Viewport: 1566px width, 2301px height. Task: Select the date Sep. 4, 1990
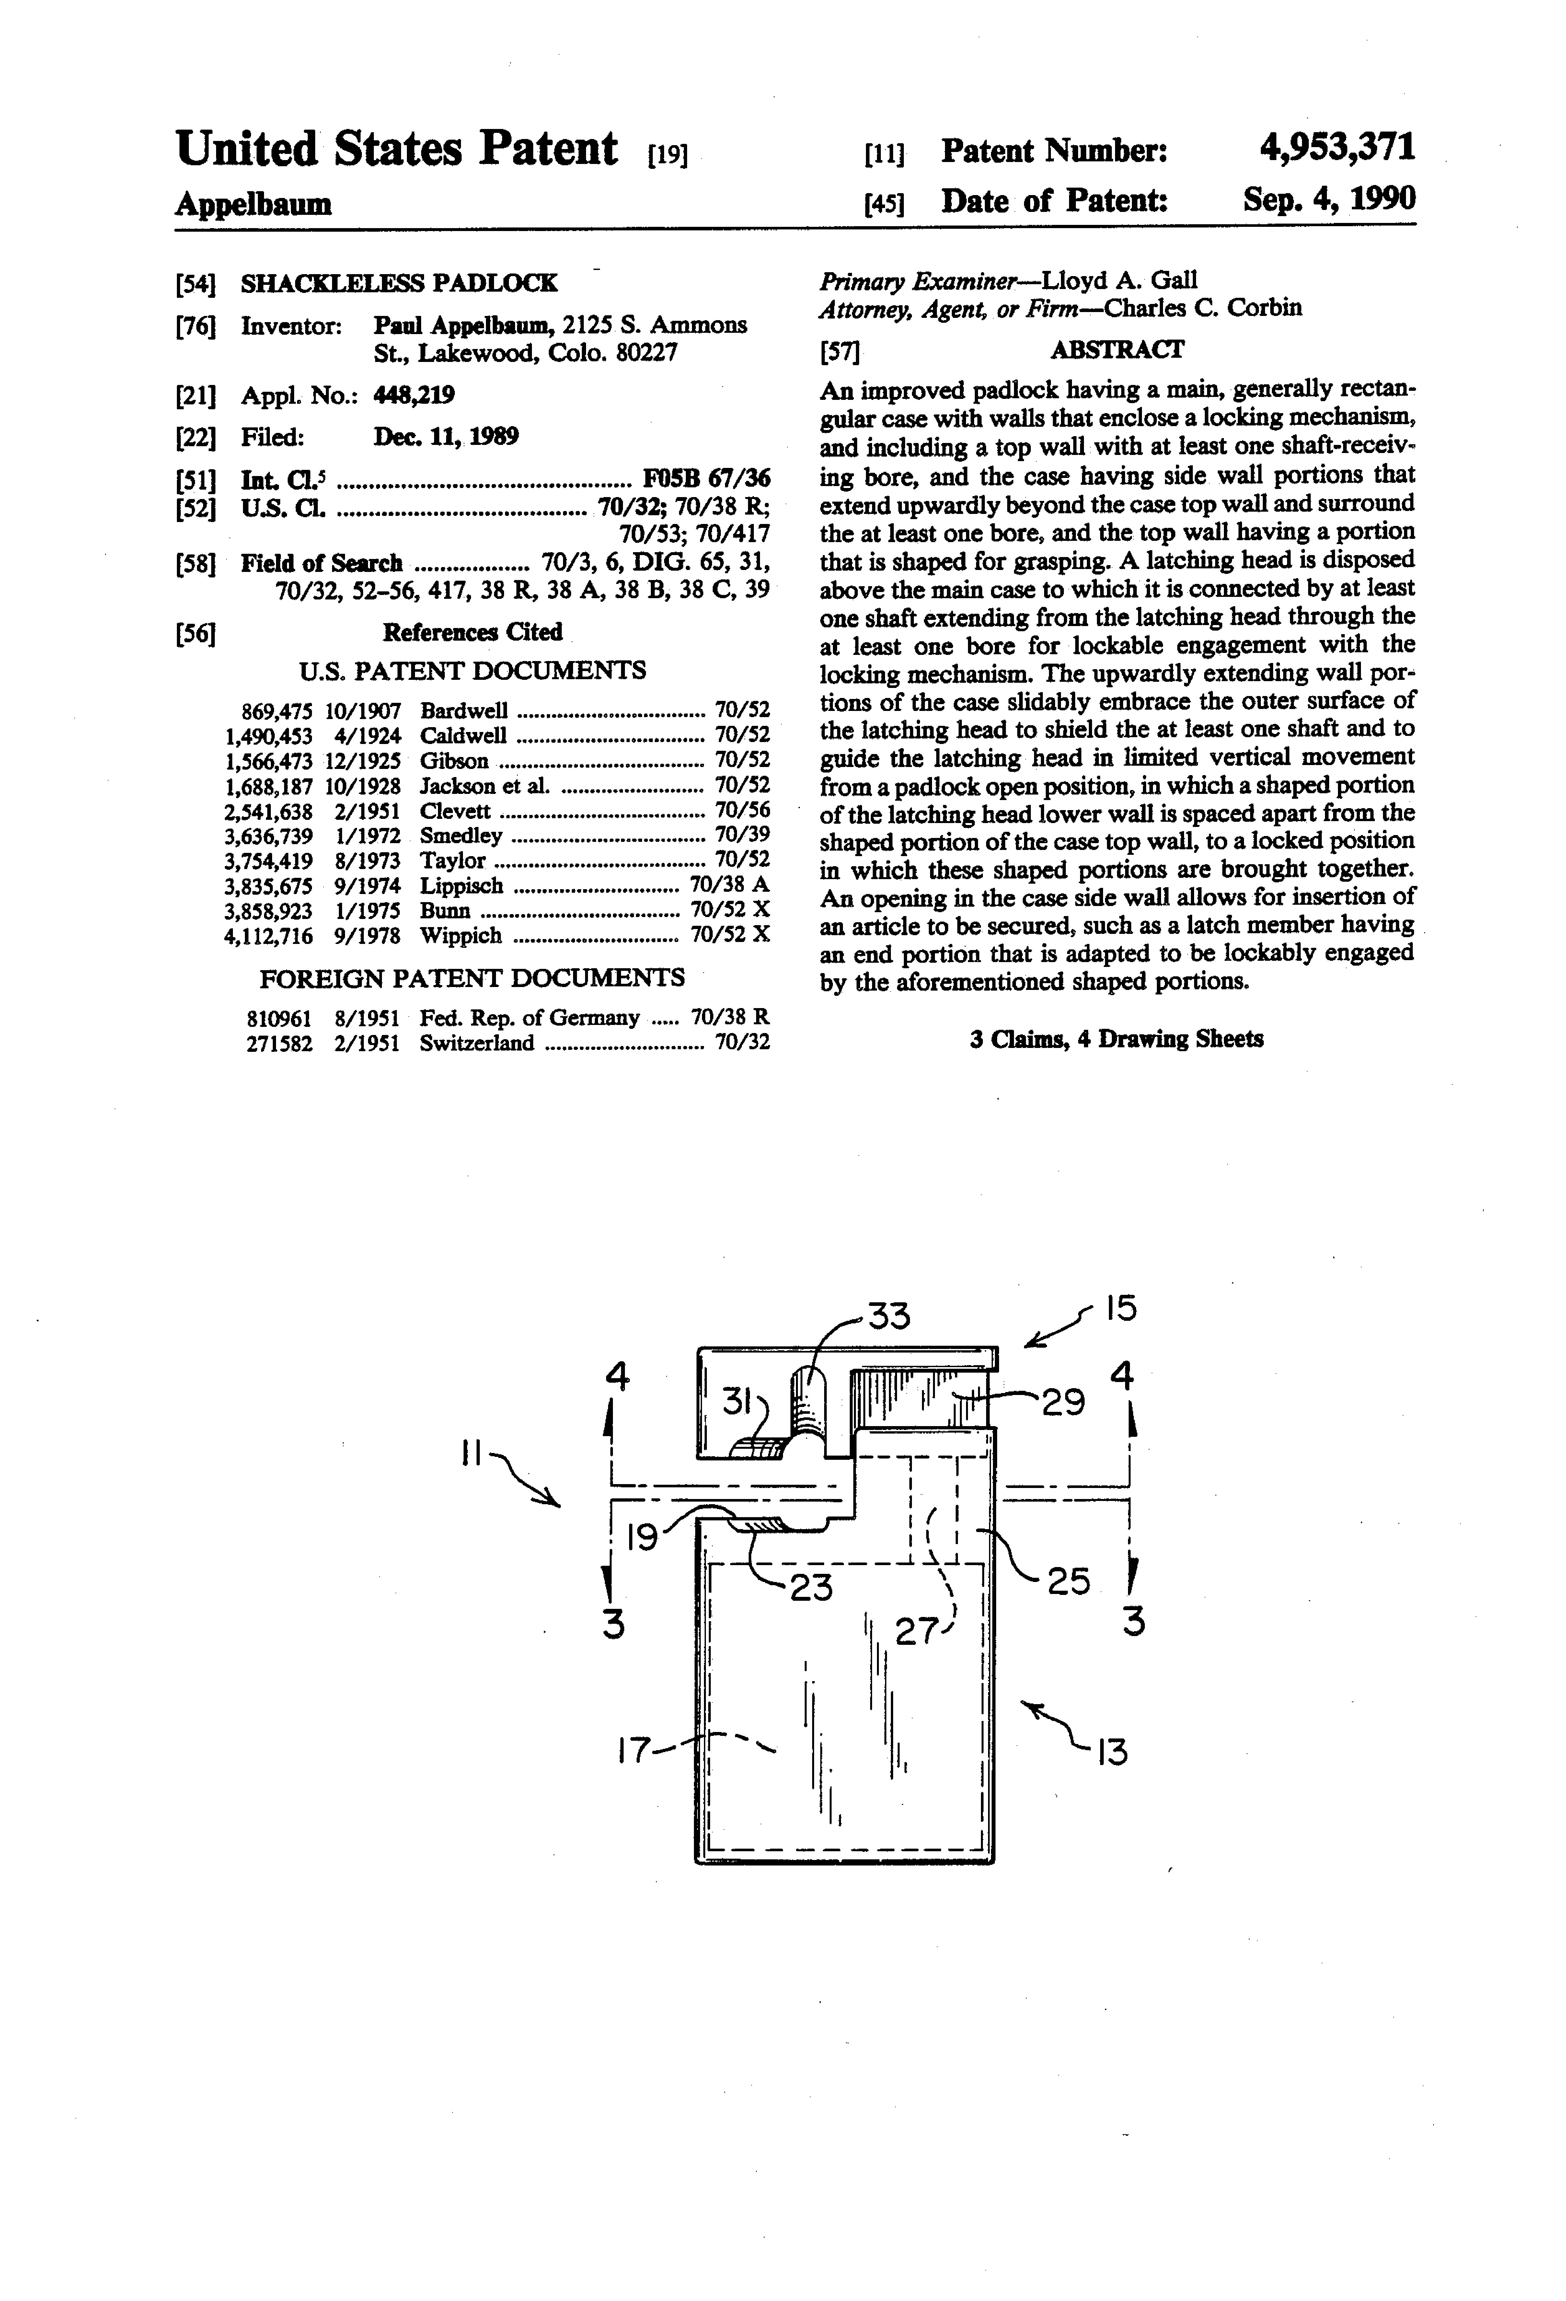1329,200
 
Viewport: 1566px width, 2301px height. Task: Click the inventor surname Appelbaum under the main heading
253,205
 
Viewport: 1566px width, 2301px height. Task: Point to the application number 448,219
414,396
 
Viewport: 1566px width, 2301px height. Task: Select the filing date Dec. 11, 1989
445,436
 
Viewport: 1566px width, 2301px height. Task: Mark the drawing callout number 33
888,1317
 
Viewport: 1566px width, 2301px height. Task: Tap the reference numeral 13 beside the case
1113,1752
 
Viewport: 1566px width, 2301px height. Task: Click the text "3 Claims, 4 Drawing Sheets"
1116,1040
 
